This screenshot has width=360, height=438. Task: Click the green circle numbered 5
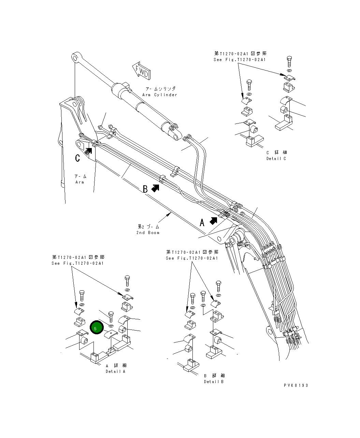point(96,328)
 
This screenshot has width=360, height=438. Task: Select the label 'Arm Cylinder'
point(160,95)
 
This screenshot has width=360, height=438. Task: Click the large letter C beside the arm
point(78,158)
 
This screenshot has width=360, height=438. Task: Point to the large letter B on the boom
point(145,189)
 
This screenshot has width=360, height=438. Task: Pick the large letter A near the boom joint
point(202,223)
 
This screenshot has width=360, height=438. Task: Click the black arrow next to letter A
point(214,221)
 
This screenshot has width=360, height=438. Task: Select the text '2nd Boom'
point(148,233)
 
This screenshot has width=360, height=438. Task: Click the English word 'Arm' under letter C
point(80,182)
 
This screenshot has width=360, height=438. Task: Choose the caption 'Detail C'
point(276,159)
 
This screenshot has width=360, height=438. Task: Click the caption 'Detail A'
point(115,371)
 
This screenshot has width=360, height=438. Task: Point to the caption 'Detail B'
point(214,382)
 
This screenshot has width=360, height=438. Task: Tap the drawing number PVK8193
point(296,385)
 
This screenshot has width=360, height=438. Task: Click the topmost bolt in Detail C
point(289,61)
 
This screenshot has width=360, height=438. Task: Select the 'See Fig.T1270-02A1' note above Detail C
point(240,60)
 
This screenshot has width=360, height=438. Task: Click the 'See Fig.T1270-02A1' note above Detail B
point(192,258)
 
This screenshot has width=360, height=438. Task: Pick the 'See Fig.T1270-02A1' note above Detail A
point(78,263)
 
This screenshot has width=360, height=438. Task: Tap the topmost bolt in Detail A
point(127,280)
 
